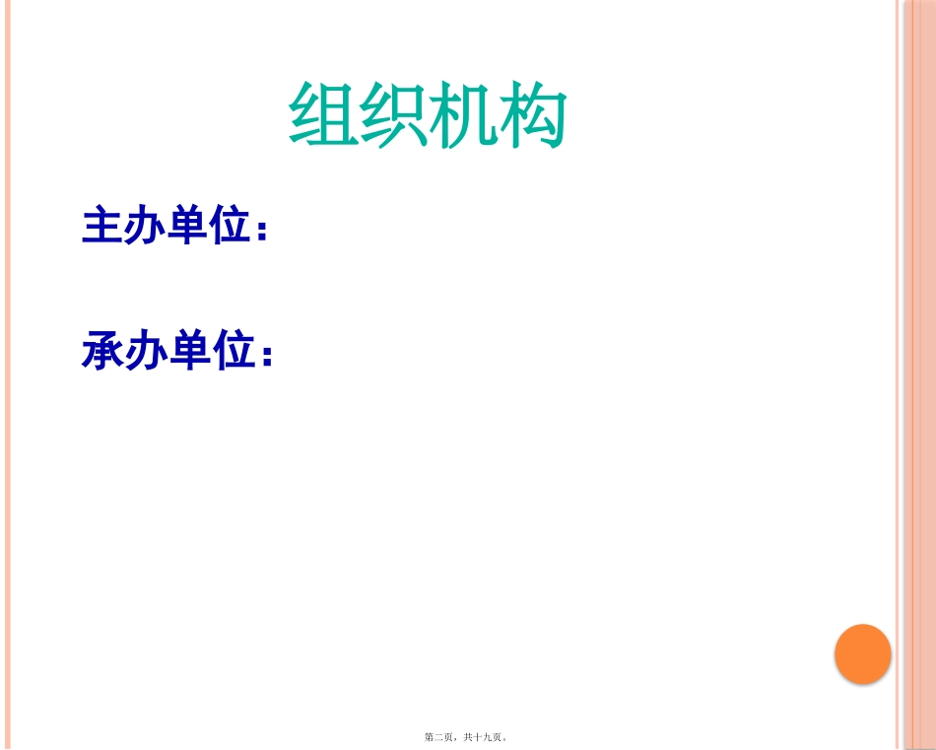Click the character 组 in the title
[x=323, y=115]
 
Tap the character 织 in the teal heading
[x=393, y=115]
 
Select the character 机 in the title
[x=463, y=115]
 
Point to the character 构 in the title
[x=533, y=115]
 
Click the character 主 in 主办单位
[x=101, y=226]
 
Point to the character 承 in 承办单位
[x=101, y=351]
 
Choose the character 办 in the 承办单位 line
[x=145, y=351]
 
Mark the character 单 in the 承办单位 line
[x=188, y=351]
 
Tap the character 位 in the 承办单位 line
[x=234, y=351]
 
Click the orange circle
[x=862, y=653]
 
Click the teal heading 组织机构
[x=428, y=115]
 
